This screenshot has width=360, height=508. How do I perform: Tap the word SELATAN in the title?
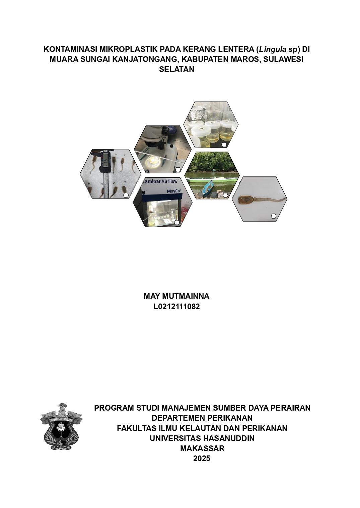tap(176, 69)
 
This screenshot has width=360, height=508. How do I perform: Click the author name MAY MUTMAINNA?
tap(176, 296)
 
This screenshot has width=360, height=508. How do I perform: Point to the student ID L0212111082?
tap(176, 307)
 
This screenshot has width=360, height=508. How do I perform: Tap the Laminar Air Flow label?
tap(161, 181)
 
